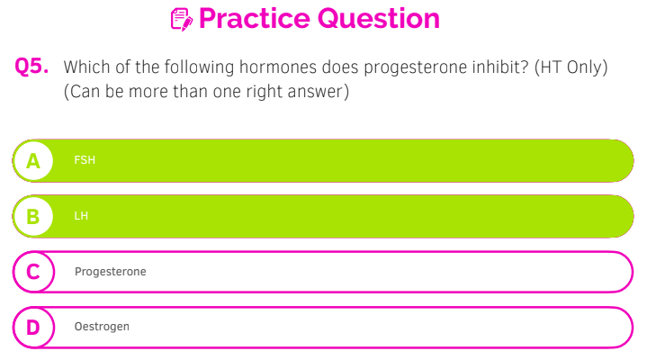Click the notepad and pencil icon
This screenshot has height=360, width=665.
point(182,20)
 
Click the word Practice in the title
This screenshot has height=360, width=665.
point(255,19)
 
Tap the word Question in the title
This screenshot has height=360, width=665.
point(379,19)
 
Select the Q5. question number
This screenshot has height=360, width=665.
point(31,67)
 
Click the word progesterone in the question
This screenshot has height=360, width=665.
point(415,67)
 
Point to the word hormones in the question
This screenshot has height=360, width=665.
point(278,67)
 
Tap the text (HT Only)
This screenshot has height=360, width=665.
point(571,67)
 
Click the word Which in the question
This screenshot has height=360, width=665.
point(87,67)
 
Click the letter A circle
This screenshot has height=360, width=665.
point(33,161)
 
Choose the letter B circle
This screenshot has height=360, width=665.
point(33,216)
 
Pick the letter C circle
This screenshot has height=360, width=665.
point(33,272)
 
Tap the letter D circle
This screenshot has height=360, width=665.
point(33,328)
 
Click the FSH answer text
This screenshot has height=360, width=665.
point(85,160)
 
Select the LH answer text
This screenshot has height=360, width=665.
point(81,216)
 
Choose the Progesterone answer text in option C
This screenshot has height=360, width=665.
point(111,272)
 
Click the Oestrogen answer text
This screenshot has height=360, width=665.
point(102,327)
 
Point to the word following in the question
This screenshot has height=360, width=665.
point(199,67)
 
